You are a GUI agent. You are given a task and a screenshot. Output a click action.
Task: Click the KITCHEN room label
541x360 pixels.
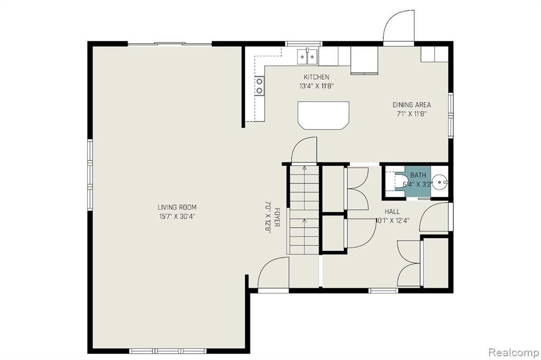coord(316,77)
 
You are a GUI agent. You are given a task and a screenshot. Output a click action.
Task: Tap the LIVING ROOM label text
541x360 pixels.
coord(177,207)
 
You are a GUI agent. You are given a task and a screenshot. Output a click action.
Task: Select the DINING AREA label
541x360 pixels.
coord(412,105)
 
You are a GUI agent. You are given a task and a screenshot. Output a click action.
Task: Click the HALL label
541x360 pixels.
coord(393,211)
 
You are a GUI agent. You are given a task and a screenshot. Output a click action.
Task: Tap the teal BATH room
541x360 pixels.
coord(417,182)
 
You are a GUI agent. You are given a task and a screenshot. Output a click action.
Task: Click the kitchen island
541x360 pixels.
coord(323,116)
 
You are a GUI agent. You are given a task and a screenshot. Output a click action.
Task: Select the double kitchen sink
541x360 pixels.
coord(308,56)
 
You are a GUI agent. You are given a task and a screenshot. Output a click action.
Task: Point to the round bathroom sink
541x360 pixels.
coord(440,181)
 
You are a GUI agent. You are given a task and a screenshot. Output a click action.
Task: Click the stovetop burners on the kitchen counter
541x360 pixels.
coord(259,86)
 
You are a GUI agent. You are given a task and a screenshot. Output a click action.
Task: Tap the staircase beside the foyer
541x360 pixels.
coord(304,210)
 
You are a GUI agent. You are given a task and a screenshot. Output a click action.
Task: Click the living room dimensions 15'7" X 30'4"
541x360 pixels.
coord(177,216)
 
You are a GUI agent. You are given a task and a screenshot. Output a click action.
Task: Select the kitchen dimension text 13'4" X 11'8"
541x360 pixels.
coord(316,86)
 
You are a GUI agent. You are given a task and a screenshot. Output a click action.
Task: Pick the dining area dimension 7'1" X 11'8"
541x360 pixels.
coord(412,114)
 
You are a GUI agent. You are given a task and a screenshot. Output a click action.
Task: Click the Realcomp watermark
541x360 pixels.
coord(514,353)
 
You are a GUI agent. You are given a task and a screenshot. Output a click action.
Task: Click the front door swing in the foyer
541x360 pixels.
coord(273,272)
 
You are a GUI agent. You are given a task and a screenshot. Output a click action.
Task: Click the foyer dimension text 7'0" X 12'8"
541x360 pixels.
coord(268,217)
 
